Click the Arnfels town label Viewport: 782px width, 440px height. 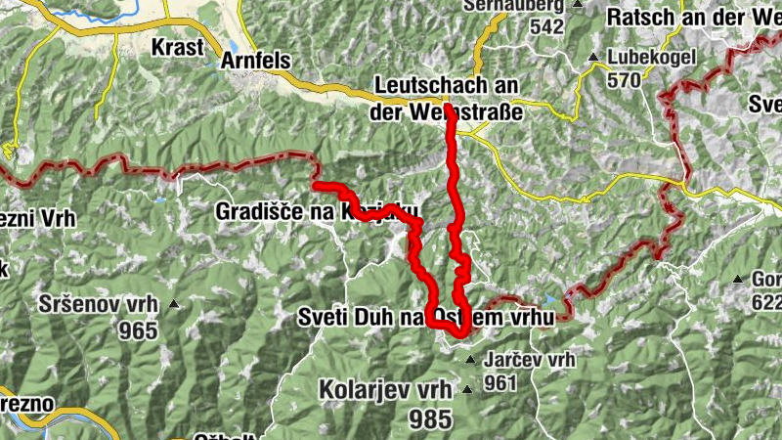pos(256,61)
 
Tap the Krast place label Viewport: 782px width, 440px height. pos(178,46)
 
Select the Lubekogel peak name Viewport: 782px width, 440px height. pos(651,57)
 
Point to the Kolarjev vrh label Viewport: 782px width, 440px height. pos(385,389)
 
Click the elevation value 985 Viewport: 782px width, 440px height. pos(429,418)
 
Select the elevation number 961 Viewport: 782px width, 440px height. pos(500,383)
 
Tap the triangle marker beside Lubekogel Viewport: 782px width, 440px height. pos(593,57)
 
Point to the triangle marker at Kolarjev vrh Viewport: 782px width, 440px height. pos(467,390)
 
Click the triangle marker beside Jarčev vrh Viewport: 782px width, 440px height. pos(471,361)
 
